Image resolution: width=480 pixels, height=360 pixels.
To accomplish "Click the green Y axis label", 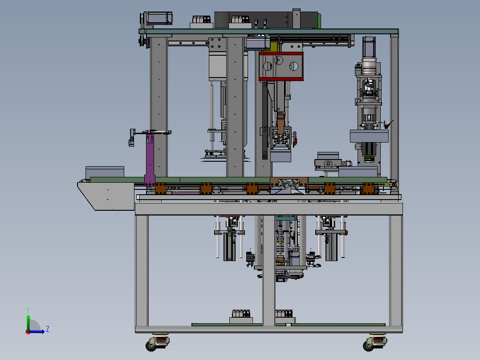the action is (28, 310).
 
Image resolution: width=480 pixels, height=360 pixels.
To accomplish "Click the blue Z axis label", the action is (48, 329).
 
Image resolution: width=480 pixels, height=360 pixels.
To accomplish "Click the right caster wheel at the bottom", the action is (375, 342).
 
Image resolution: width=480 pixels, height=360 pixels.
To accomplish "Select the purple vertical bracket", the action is (150, 158).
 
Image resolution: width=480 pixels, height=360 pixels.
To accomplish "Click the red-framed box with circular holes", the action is (281, 66).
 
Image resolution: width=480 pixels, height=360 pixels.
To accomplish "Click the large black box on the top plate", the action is (266, 20).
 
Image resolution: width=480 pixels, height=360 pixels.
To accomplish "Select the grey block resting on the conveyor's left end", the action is (105, 172).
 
